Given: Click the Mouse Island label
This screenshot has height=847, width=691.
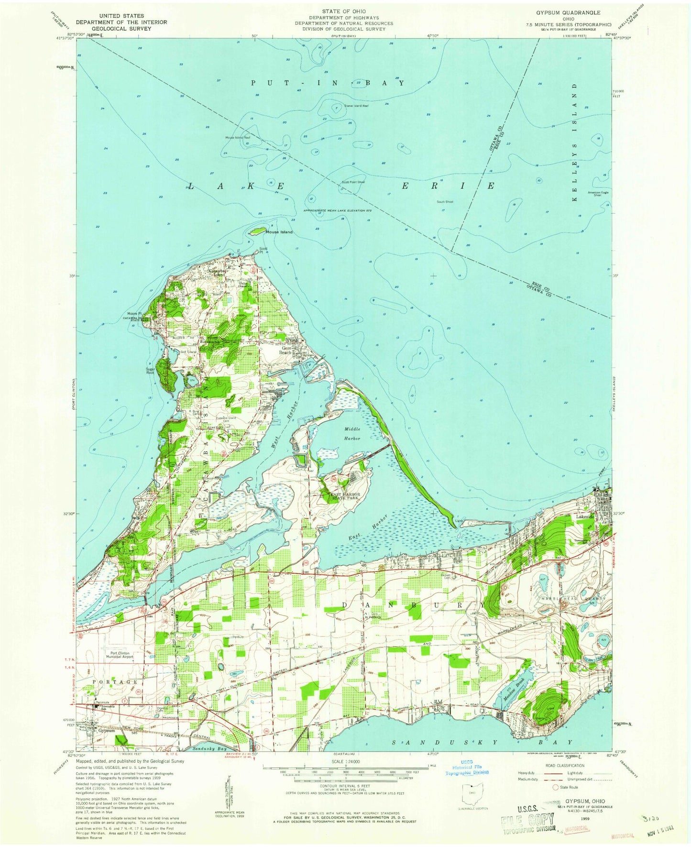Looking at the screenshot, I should pyautogui.click(x=279, y=232).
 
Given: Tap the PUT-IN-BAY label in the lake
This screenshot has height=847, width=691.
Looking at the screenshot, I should pyautogui.click(x=328, y=83).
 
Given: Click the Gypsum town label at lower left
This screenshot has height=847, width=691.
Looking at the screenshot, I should pyautogui.click(x=107, y=731).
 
